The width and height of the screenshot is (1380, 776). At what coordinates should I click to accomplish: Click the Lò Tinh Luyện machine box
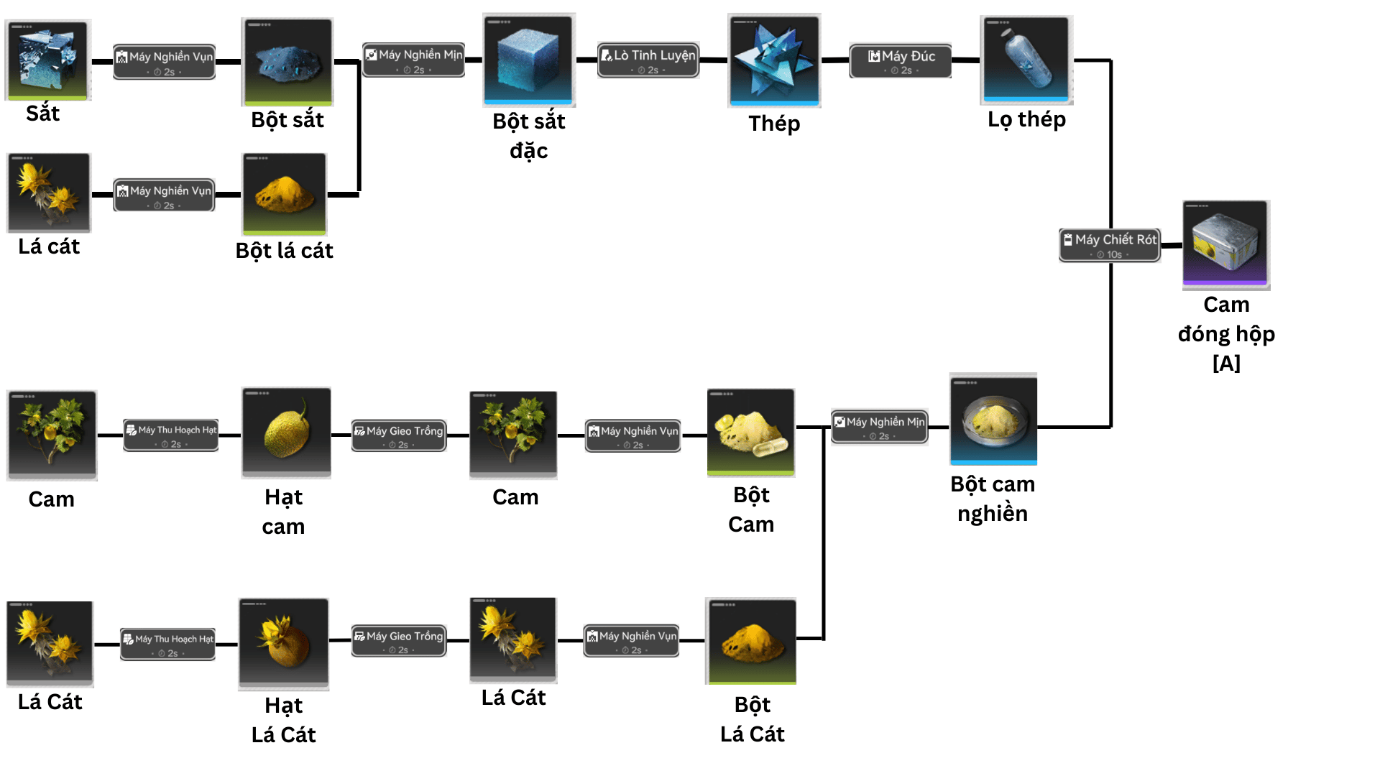coord(648,60)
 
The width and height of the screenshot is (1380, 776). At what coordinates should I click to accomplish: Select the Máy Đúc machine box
coord(901,61)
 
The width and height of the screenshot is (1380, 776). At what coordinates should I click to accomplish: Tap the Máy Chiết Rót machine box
coord(1110,245)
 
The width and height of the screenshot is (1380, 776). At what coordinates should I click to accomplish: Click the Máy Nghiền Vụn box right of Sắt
coord(165,62)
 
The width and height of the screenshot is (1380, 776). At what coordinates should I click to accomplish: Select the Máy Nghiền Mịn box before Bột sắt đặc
coord(414,60)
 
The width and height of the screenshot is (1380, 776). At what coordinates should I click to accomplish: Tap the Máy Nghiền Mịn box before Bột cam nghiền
coord(880,427)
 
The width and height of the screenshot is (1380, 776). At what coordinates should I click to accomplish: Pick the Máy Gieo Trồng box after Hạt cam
coord(399,435)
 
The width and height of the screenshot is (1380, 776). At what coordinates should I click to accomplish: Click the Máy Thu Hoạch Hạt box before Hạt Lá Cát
coord(168,644)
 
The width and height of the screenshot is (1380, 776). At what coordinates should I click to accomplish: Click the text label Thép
coord(774,124)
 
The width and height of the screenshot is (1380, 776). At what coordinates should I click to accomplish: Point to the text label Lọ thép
coord(1026,119)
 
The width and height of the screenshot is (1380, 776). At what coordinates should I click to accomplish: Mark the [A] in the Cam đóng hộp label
coord(1226,364)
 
